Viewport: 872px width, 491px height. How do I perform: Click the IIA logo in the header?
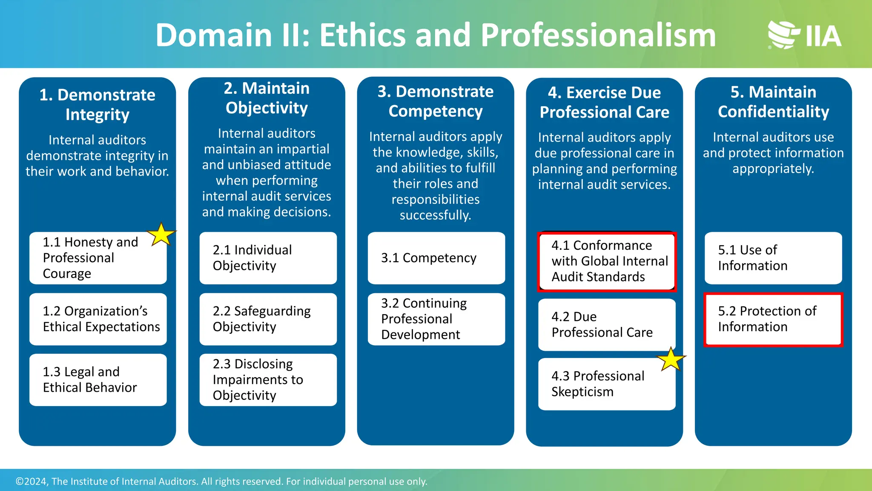804,35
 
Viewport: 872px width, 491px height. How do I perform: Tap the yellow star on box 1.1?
161,234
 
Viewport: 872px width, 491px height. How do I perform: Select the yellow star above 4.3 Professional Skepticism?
671,359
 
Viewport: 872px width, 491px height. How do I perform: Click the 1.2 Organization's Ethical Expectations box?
98,319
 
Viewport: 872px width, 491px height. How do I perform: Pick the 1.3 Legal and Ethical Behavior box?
98,380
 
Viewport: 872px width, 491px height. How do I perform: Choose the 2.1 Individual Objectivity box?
268,258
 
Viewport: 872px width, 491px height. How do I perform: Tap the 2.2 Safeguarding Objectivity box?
268,319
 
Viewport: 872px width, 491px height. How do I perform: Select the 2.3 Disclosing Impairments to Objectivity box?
268,380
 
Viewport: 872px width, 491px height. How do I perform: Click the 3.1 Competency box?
436,258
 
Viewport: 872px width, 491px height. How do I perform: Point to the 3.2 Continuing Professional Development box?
436,319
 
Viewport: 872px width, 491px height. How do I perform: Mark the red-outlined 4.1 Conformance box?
606,261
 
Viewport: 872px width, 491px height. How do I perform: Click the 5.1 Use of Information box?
773,258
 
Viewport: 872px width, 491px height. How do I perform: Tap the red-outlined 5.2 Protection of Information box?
773,319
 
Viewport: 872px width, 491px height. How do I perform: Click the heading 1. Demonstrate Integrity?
98,104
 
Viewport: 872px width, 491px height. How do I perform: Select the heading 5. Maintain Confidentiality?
773,102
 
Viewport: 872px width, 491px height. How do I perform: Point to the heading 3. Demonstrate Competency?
436,101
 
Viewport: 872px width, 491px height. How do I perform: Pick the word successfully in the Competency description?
435,215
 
